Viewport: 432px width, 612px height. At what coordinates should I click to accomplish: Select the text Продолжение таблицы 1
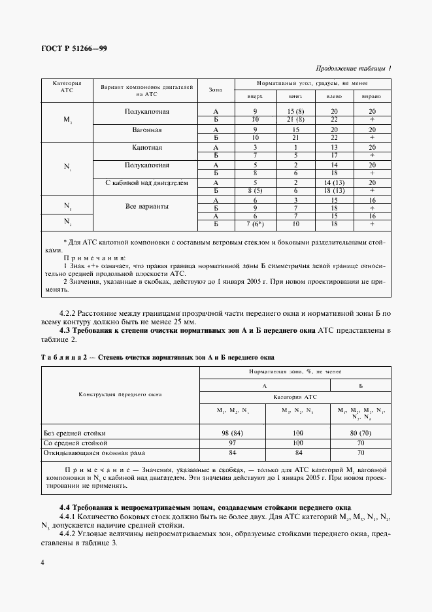tap(354, 68)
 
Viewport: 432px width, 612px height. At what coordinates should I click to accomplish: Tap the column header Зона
tap(215, 90)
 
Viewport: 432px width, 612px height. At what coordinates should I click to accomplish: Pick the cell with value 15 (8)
tap(295, 111)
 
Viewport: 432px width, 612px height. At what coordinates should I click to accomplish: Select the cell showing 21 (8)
tap(295, 120)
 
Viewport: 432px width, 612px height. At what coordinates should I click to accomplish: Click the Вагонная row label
tap(147, 129)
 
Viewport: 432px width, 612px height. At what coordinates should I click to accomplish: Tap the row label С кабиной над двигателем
tap(147, 183)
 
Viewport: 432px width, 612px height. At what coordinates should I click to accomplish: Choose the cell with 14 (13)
tap(334, 183)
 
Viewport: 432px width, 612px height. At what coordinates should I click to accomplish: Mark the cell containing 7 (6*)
tap(255, 224)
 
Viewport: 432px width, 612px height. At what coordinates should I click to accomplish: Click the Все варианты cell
tap(147, 206)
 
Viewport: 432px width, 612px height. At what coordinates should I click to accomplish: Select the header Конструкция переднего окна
tap(120, 394)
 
